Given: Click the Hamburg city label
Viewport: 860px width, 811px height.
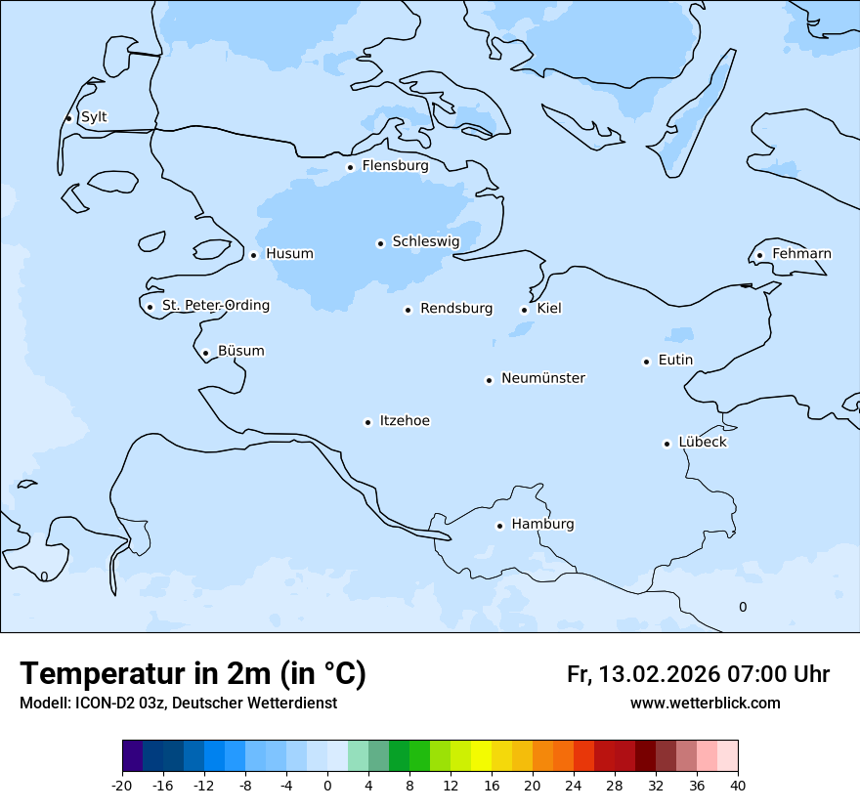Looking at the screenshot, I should [x=542, y=525].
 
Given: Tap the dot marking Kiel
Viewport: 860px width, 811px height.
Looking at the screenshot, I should [x=525, y=310].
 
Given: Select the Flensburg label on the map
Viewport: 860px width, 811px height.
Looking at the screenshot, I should [x=395, y=166].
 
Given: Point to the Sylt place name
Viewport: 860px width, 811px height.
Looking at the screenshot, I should [x=94, y=117].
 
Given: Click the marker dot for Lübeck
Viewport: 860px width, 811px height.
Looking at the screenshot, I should [x=667, y=444].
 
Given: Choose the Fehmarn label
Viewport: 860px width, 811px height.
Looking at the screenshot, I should [x=801, y=254].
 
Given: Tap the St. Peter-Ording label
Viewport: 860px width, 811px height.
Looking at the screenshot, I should [x=215, y=306].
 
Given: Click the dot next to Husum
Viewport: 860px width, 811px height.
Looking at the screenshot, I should [x=254, y=255].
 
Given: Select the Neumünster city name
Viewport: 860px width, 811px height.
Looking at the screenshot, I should [x=543, y=378].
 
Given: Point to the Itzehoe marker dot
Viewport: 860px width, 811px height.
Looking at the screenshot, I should [x=368, y=422].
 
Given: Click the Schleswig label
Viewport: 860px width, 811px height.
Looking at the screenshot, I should [x=425, y=241].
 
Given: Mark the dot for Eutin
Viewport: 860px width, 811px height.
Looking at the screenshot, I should [x=647, y=362].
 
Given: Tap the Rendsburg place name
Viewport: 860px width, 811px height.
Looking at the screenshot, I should [x=456, y=309].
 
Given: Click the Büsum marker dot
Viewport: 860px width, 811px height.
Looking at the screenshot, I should [x=206, y=353].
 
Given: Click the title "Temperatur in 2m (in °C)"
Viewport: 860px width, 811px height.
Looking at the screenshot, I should [x=193, y=674].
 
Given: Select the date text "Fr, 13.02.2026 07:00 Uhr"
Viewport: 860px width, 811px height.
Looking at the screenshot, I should [x=698, y=674].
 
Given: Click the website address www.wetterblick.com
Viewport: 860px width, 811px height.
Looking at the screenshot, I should [x=705, y=704].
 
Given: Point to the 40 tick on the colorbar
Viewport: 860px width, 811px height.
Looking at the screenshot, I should [x=738, y=786].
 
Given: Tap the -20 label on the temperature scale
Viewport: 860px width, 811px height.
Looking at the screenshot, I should [x=122, y=786].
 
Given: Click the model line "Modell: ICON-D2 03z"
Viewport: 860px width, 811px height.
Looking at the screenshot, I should [x=178, y=704].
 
